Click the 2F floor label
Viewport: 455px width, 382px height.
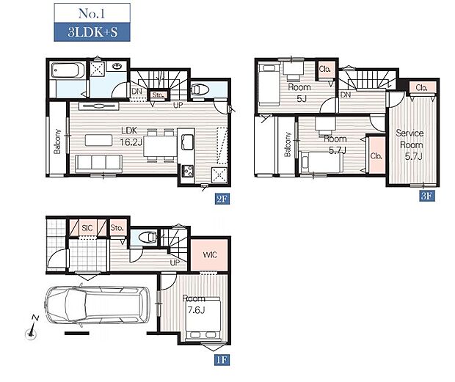222,199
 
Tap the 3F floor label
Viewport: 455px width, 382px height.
427,196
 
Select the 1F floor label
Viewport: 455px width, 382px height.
222,360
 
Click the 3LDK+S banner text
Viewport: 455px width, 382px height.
92,32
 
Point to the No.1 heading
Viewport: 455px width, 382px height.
92,13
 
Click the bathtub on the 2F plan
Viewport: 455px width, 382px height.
68,70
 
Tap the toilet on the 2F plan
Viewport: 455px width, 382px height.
200,89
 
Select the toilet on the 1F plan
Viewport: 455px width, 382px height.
148,238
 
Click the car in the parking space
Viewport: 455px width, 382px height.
97,305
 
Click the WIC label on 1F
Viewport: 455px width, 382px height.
210,255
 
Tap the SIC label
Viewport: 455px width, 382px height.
87,228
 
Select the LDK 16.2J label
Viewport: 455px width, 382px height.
131,136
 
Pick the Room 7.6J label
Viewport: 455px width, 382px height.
194,304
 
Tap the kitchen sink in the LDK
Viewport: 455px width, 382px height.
187,142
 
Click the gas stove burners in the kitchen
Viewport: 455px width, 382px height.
188,171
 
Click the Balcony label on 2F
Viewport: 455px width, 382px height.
57,142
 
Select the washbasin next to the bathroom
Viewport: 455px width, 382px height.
117,67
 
